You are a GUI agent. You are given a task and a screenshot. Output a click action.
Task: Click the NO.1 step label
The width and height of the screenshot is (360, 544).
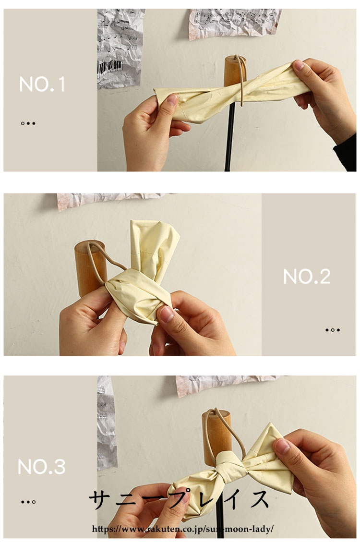tap(42, 85)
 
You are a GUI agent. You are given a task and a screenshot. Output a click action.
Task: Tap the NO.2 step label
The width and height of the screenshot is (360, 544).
tap(307, 277)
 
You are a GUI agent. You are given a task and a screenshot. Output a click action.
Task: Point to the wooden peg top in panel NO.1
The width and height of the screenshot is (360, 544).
tap(235, 71)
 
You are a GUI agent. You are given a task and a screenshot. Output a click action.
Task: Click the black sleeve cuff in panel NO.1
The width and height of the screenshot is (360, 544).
tap(346, 153)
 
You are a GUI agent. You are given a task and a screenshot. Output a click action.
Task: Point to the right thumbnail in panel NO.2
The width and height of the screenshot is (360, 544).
tap(167, 314)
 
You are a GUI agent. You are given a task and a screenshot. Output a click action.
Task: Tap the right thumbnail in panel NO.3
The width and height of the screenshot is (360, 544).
tap(282, 446)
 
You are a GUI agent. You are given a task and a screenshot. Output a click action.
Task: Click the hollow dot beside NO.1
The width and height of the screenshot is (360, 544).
tap(23, 123)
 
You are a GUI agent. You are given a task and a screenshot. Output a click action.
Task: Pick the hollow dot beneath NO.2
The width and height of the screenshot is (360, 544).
tap(333, 330)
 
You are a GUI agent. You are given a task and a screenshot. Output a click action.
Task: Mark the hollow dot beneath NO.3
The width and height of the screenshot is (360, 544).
tap(34, 502)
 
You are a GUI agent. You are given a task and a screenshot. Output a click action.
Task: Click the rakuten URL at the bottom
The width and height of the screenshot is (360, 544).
tap(183, 529)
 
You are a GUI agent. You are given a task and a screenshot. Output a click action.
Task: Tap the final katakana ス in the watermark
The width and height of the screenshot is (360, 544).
tap(258, 499)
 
